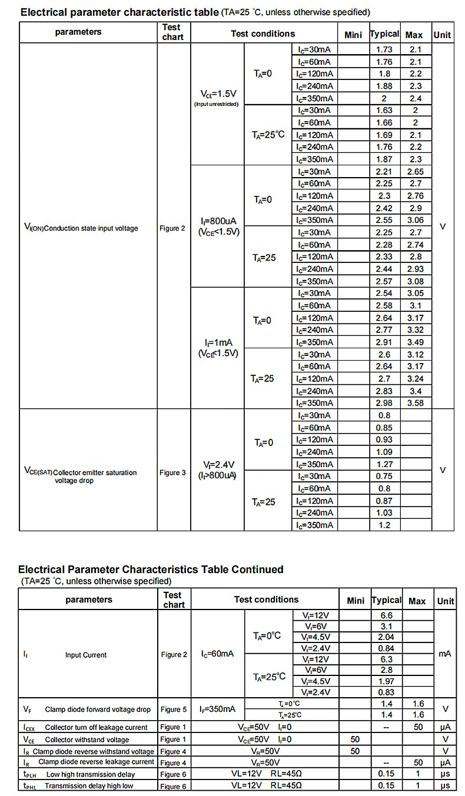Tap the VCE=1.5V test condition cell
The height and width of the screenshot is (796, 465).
coord(218,98)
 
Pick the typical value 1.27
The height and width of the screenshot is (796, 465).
coord(384,464)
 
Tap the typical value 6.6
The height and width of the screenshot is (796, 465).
coord(386,615)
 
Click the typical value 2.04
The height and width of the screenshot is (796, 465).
coord(386,637)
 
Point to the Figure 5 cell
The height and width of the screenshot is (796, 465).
coord(174,709)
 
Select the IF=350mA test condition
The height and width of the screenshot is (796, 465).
coord(217,709)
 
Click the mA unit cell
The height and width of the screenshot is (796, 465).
coord(444,654)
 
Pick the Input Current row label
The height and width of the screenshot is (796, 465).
coord(86,655)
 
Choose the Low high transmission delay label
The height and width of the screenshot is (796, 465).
coord(90,774)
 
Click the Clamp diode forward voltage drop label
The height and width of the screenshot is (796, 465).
coord(97,709)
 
